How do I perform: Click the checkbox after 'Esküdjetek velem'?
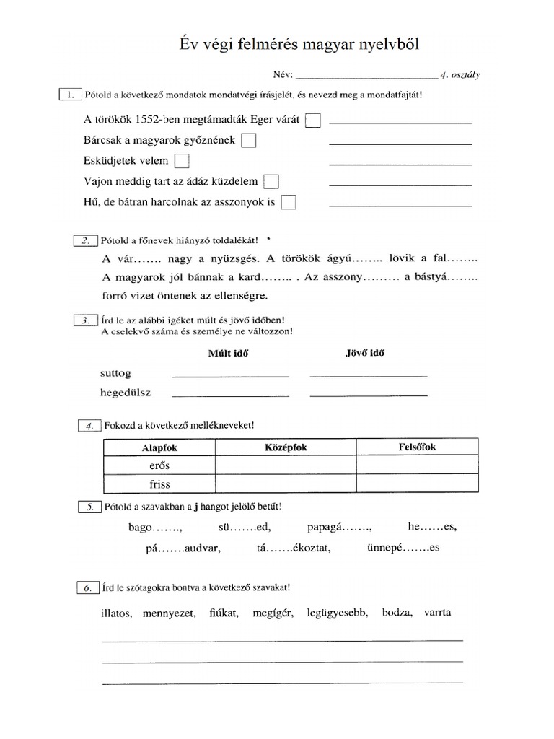183,161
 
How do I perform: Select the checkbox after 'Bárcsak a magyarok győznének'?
248,141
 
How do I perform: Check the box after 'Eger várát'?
313,121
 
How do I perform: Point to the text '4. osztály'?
465,74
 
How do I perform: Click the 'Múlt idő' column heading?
228,354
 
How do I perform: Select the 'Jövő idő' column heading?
365,354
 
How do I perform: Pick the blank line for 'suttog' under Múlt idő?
230,375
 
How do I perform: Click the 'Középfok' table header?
286,447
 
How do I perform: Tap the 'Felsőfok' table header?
417,447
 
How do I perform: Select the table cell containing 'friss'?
159,484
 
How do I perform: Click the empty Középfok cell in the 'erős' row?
286,465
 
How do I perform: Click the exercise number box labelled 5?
89,507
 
